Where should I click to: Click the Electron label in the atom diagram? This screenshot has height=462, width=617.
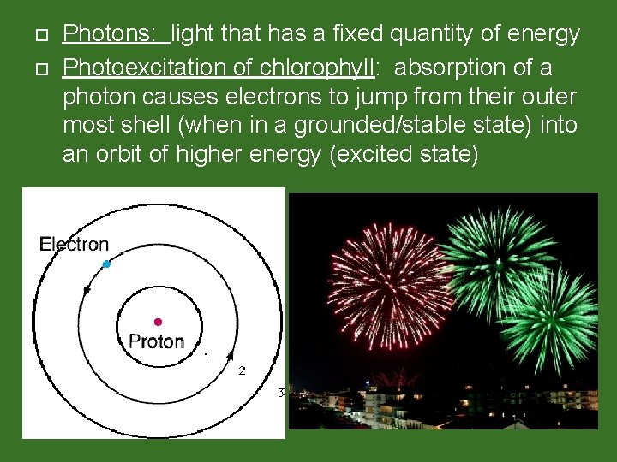pos(75,245)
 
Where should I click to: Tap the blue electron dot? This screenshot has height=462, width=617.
pos(106,264)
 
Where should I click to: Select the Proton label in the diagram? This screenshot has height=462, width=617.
pos(156,341)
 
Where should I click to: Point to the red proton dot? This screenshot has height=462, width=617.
pos(158,322)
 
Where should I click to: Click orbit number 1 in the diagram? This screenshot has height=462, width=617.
pos(205,355)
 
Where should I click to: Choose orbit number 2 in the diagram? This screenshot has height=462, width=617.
pos(242,370)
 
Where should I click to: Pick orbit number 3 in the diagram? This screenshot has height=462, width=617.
pos(280,393)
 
